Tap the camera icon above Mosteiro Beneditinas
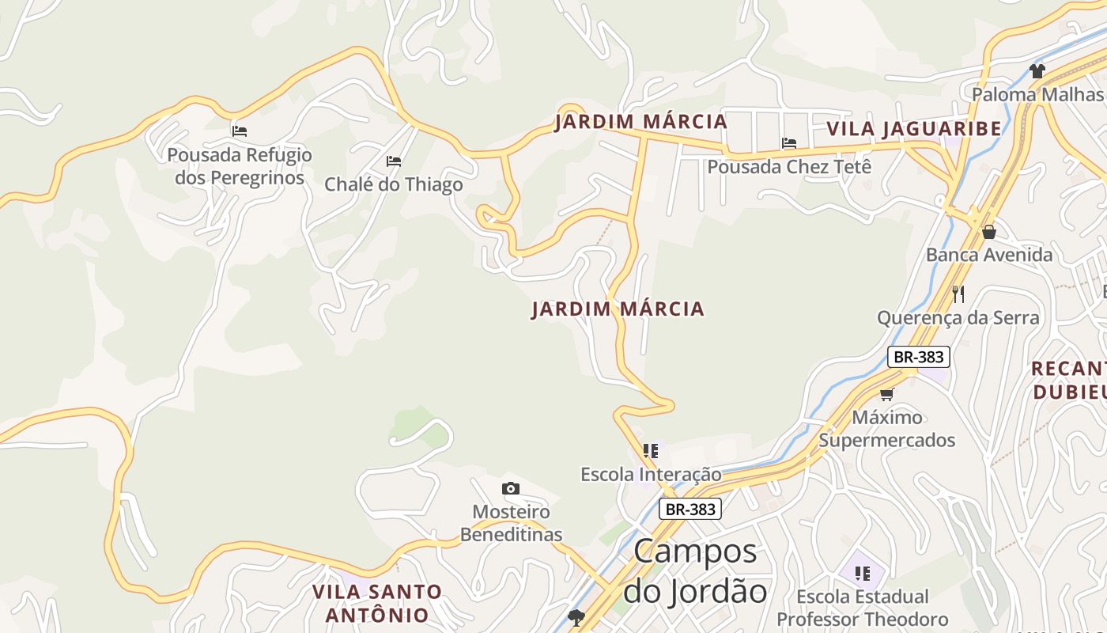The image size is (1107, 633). click(511, 488)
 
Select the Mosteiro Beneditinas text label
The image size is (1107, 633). click(511, 523)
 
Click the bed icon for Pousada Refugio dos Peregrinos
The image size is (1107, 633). click(240, 131)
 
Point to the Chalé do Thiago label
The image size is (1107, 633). click(394, 184)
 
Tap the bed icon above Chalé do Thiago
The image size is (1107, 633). click(394, 161)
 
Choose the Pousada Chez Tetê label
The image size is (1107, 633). click(789, 167)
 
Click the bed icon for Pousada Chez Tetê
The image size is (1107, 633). click(789, 143)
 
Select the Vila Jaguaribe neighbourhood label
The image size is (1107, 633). click(914, 128)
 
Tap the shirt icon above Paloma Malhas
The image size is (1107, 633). click(1037, 71)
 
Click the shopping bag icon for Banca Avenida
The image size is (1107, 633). click(988, 232)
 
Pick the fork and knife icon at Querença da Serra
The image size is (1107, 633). click(958, 294)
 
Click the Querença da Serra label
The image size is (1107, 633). click(958, 318)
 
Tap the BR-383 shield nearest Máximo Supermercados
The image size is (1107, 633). click(917, 357)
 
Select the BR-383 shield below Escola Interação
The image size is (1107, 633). click(690, 509)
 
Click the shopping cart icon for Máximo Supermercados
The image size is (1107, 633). click(886, 394)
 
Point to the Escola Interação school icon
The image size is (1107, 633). click(651, 451)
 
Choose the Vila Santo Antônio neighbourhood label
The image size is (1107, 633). click(377, 603)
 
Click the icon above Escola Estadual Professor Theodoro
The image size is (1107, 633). click(862, 573)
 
